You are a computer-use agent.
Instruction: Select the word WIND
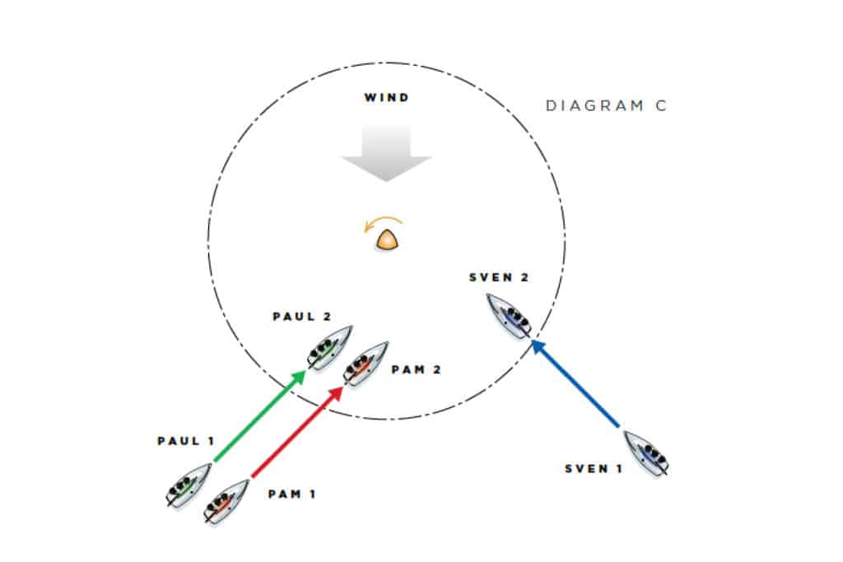(x=386, y=99)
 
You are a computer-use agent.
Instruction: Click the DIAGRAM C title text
(x=606, y=106)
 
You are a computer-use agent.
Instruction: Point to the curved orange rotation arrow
(x=384, y=223)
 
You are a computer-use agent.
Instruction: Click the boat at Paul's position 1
(x=187, y=486)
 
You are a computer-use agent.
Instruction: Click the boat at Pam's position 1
(x=226, y=501)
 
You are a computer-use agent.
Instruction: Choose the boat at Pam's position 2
(x=366, y=364)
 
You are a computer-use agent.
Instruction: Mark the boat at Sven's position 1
(x=646, y=453)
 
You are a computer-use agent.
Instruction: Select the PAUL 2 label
(x=301, y=317)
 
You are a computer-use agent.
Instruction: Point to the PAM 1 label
(x=291, y=495)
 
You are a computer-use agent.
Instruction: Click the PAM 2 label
(x=417, y=370)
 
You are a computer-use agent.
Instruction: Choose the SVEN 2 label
(x=498, y=277)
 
